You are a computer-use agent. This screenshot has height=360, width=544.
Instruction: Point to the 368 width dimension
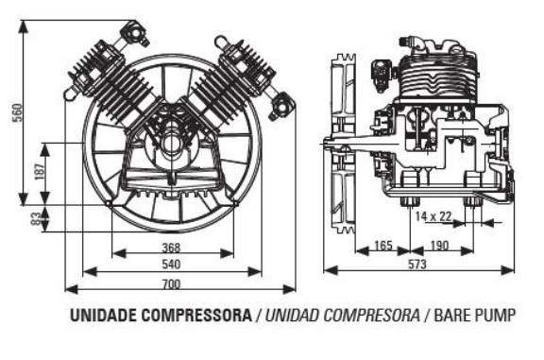tap(171, 249)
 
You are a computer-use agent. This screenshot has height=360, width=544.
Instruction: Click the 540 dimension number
tap(171, 265)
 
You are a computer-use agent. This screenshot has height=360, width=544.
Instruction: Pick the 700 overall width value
tap(171, 283)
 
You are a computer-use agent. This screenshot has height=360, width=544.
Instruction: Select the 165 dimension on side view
tap(382, 247)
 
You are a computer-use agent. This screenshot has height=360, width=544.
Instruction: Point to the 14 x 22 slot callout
tap(433, 216)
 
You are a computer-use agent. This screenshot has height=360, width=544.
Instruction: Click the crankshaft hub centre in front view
tap(173, 144)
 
